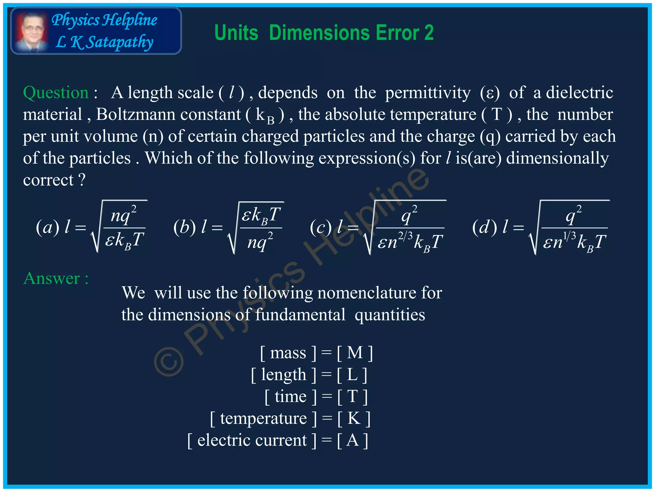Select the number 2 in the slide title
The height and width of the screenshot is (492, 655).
(x=429, y=33)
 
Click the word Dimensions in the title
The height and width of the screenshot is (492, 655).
(x=320, y=33)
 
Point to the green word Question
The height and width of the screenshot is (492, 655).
(x=56, y=93)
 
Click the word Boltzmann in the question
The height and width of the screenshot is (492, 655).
(x=168, y=114)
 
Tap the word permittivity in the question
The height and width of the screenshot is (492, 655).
(x=428, y=93)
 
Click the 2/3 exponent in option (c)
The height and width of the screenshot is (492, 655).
(x=405, y=236)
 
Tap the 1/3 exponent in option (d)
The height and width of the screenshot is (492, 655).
(x=569, y=236)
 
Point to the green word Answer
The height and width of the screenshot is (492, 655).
(x=51, y=278)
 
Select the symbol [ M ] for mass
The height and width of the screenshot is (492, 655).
(x=355, y=353)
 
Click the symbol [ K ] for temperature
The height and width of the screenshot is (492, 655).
(x=354, y=418)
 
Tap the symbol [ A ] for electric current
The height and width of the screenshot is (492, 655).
(x=352, y=440)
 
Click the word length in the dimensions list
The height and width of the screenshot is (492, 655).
(x=283, y=374)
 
